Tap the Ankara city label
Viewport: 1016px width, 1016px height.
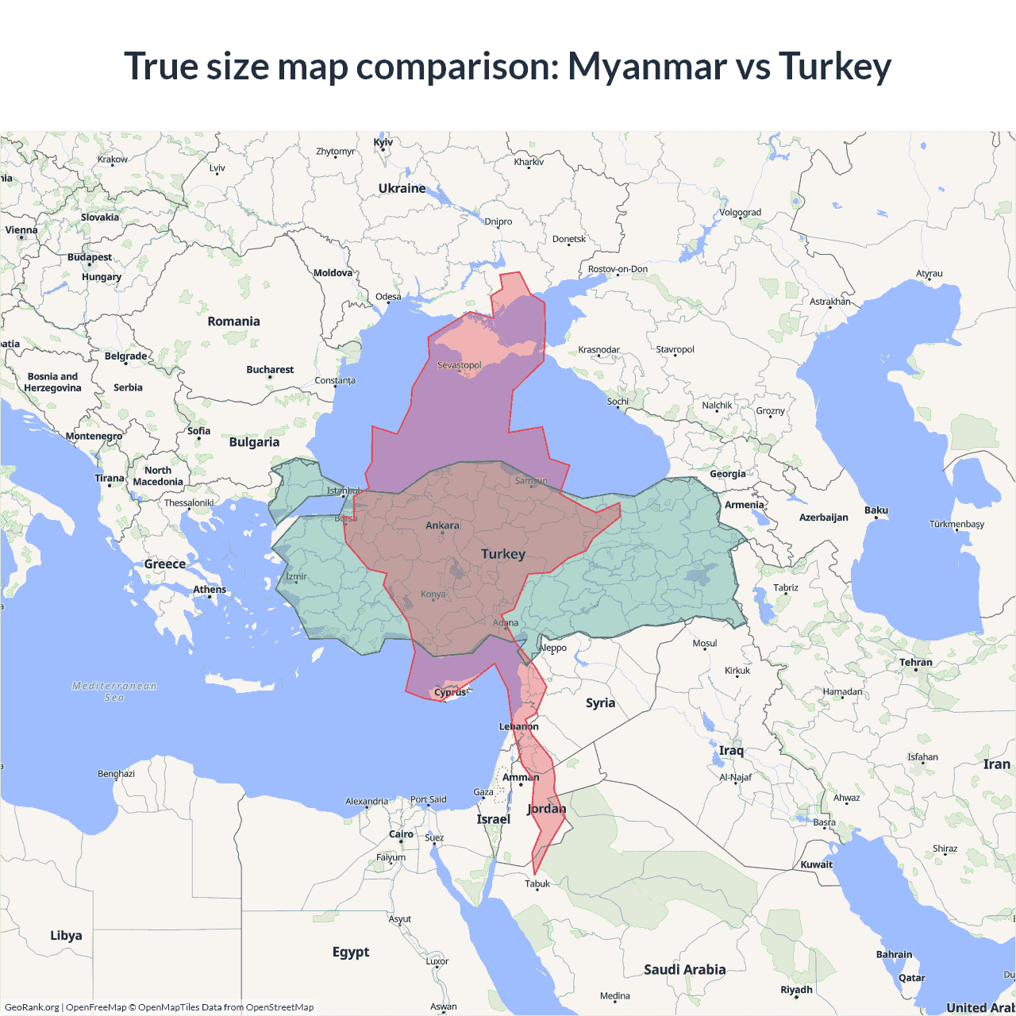(442, 525)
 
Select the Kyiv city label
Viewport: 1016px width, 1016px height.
(383, 143)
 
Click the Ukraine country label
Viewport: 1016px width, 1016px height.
(402, 189)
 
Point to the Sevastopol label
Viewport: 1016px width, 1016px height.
(459, 365)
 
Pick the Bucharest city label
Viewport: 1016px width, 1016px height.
(270, 370)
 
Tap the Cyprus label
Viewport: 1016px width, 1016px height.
(450, 692)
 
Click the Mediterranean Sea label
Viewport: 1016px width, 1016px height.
(114, 691)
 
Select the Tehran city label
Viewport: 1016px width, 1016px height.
(916, 662)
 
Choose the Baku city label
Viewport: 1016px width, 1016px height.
(876, 510)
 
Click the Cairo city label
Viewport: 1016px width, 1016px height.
(401, 834)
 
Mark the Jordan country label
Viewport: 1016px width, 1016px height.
(546, 809)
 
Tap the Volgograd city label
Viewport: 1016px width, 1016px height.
(740, 213)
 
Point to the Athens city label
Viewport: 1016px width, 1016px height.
(210, 590)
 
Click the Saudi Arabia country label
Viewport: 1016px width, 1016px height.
(684, 969)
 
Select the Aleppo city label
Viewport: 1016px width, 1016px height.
(553, 648)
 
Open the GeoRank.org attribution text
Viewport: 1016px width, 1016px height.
(32, 1007)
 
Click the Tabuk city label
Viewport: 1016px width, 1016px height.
(537, 883)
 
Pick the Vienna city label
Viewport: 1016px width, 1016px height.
(21, 230)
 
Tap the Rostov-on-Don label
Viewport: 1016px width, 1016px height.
(618, 269)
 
